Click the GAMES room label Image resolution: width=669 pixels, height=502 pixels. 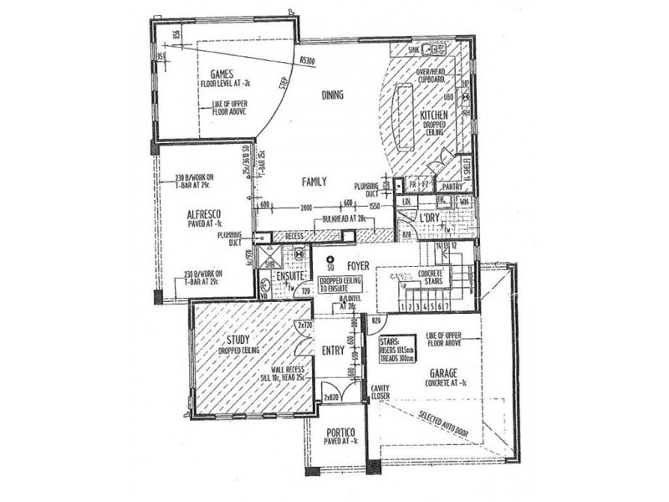pos(221,74)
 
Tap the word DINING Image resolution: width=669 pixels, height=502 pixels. pos(333,95)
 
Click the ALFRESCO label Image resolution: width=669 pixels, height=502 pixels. pos(203,213)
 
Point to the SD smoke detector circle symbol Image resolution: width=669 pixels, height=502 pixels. pos(330,260)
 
